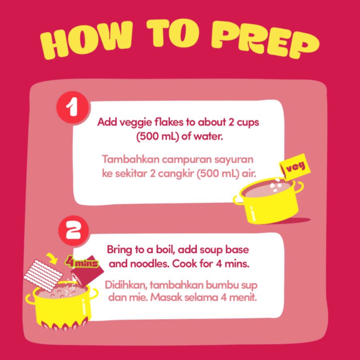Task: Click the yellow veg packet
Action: click(x=295, y=166)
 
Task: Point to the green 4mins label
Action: click(x=82, y=262)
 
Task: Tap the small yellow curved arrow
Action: click(x=52, y=258)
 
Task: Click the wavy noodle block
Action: click(x=43, y=276)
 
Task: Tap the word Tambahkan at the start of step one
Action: click(x=131, y=159)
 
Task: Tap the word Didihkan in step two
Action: click(x=126, y=285)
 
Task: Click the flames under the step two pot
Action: click(x=65, y=323)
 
